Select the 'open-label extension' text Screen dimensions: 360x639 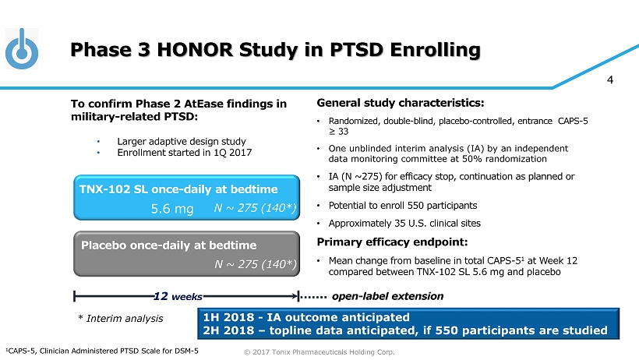click(x=387, y=296)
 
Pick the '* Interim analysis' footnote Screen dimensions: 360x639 click(x=121, y=318)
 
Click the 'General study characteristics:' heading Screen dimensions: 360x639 click(x=401, y=102)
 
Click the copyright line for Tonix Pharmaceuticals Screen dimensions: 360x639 click(x=319, y=352)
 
